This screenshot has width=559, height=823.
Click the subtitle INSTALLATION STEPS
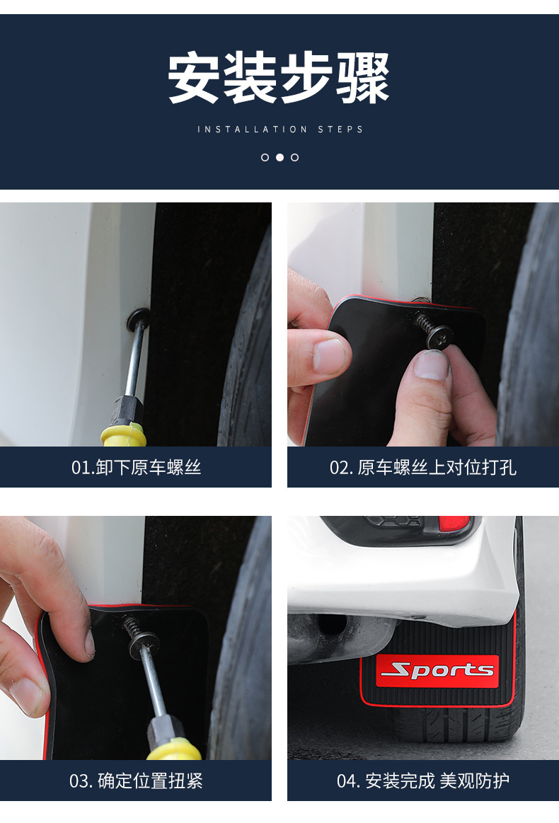click(280, 130)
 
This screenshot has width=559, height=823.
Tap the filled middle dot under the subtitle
click(279, 157)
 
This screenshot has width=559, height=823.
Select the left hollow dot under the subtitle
click(265, 157)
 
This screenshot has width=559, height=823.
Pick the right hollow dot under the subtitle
click(295, 157)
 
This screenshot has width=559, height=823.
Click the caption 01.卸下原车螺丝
click(136, 467)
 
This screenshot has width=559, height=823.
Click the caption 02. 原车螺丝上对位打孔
click(422, 467)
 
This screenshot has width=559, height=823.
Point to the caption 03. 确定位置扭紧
click(136, 781)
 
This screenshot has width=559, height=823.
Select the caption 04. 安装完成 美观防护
click(422, 781)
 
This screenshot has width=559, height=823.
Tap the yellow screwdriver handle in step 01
click(124, 434)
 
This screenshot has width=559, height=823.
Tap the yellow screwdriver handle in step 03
click(173, 748)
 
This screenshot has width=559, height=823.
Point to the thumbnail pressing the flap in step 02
click(330, 355)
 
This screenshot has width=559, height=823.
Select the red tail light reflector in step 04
click(454, 524)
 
